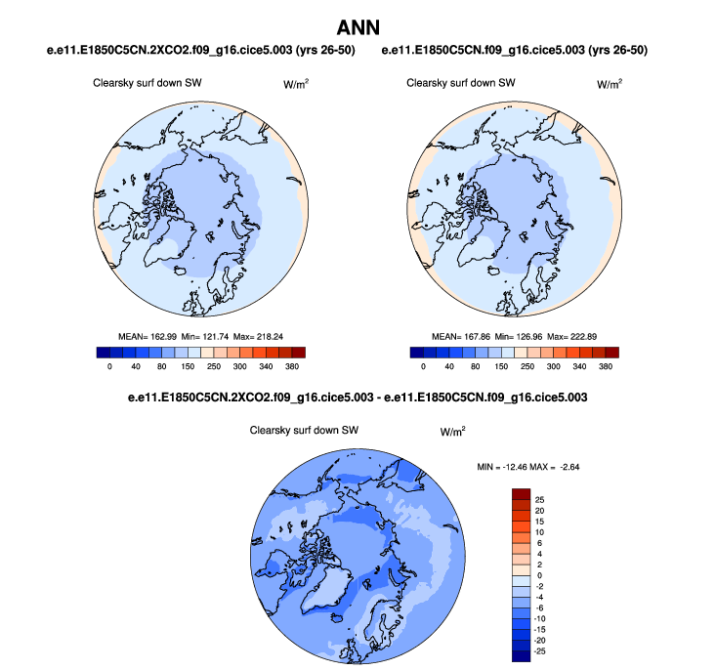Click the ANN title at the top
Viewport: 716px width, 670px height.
click(x=358, y=25)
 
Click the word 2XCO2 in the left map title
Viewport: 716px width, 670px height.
click(x=159, y=49)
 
